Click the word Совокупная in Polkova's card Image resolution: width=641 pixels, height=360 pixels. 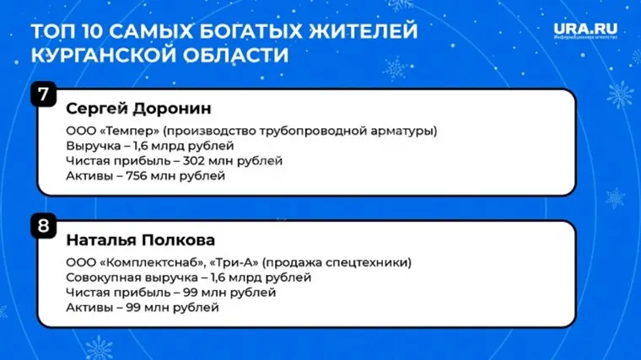[99, 277]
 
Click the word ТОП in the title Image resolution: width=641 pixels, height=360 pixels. [51, 33]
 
